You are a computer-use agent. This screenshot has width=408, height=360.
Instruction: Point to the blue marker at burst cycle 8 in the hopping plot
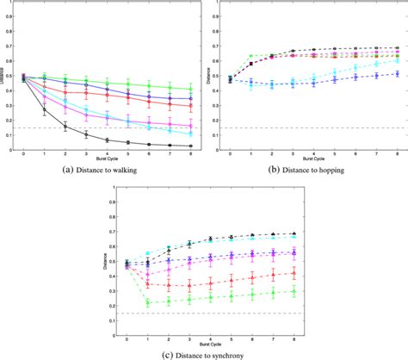(x=397, y=74)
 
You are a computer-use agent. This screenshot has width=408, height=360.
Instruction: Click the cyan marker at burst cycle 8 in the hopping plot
(x=397, y=60)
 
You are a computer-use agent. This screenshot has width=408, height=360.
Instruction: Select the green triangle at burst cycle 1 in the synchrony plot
(x=148, y=302)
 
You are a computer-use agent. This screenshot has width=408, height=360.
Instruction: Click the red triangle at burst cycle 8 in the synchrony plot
(x=295, y=273)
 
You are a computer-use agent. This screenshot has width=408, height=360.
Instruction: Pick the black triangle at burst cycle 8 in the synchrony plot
(x=295, y=233)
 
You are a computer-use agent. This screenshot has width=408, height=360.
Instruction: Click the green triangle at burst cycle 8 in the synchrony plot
(x=295, y=291)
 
